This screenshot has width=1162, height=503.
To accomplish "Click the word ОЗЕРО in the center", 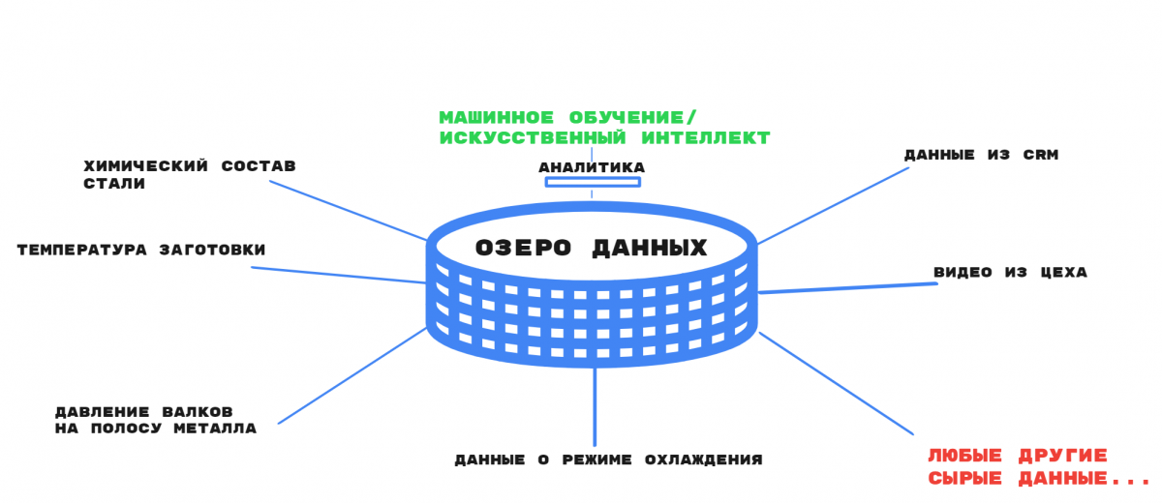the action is (x=523, y=248).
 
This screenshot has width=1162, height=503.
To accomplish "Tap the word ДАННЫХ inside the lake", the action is (x=650, y=249).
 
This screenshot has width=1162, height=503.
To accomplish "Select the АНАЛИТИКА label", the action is (x=592, y=167).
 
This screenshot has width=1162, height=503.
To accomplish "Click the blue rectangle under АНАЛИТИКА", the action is (x=593, y=182).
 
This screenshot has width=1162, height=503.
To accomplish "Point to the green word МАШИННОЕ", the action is (x=497, y=118).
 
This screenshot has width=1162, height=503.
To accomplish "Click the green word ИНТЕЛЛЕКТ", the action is (x=706, y=137).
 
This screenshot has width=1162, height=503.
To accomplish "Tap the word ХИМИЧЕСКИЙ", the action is (x=146, y=165).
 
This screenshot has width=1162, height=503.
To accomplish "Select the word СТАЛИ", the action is (x=114, y=184).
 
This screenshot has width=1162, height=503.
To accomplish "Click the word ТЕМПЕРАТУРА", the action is (x=82, y=250).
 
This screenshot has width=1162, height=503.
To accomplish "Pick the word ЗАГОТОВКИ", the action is (x=213, y=250).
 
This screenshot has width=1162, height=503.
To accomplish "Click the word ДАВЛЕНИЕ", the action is (x=103, y=412).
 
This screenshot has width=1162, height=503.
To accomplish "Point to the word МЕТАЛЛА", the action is (x=215, y=429).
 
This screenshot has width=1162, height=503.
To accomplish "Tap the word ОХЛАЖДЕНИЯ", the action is (x=703, y=460).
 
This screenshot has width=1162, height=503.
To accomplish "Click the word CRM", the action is (x=1041, y=155).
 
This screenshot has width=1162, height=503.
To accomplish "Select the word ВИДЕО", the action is (x=963, y=272).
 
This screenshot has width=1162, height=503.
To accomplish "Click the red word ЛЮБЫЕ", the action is (x=964, y=456).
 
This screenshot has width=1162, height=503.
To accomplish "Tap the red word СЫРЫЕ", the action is (x=964, y=478).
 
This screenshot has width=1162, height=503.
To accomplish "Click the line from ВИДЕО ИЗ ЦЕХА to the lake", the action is (x=847, y=288).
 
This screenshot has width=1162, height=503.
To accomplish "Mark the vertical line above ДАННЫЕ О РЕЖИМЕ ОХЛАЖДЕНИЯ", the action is (x=595, y=406).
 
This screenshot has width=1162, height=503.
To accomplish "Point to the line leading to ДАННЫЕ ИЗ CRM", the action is (x=833, y=205).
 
